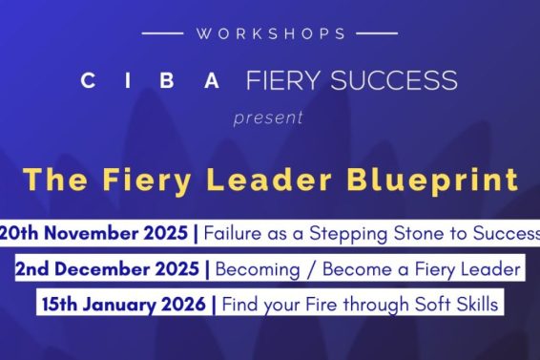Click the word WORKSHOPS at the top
[x=270, y=33]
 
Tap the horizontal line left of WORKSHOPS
[x=162, y=33]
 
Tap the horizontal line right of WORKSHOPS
[x=378, y=33]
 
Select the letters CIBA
[x=152, y=80]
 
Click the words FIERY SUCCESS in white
[x=351, y=80]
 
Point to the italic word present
[x=269, y=118]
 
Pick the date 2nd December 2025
[x=109, y=269]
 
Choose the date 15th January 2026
[x=124, y=306]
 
